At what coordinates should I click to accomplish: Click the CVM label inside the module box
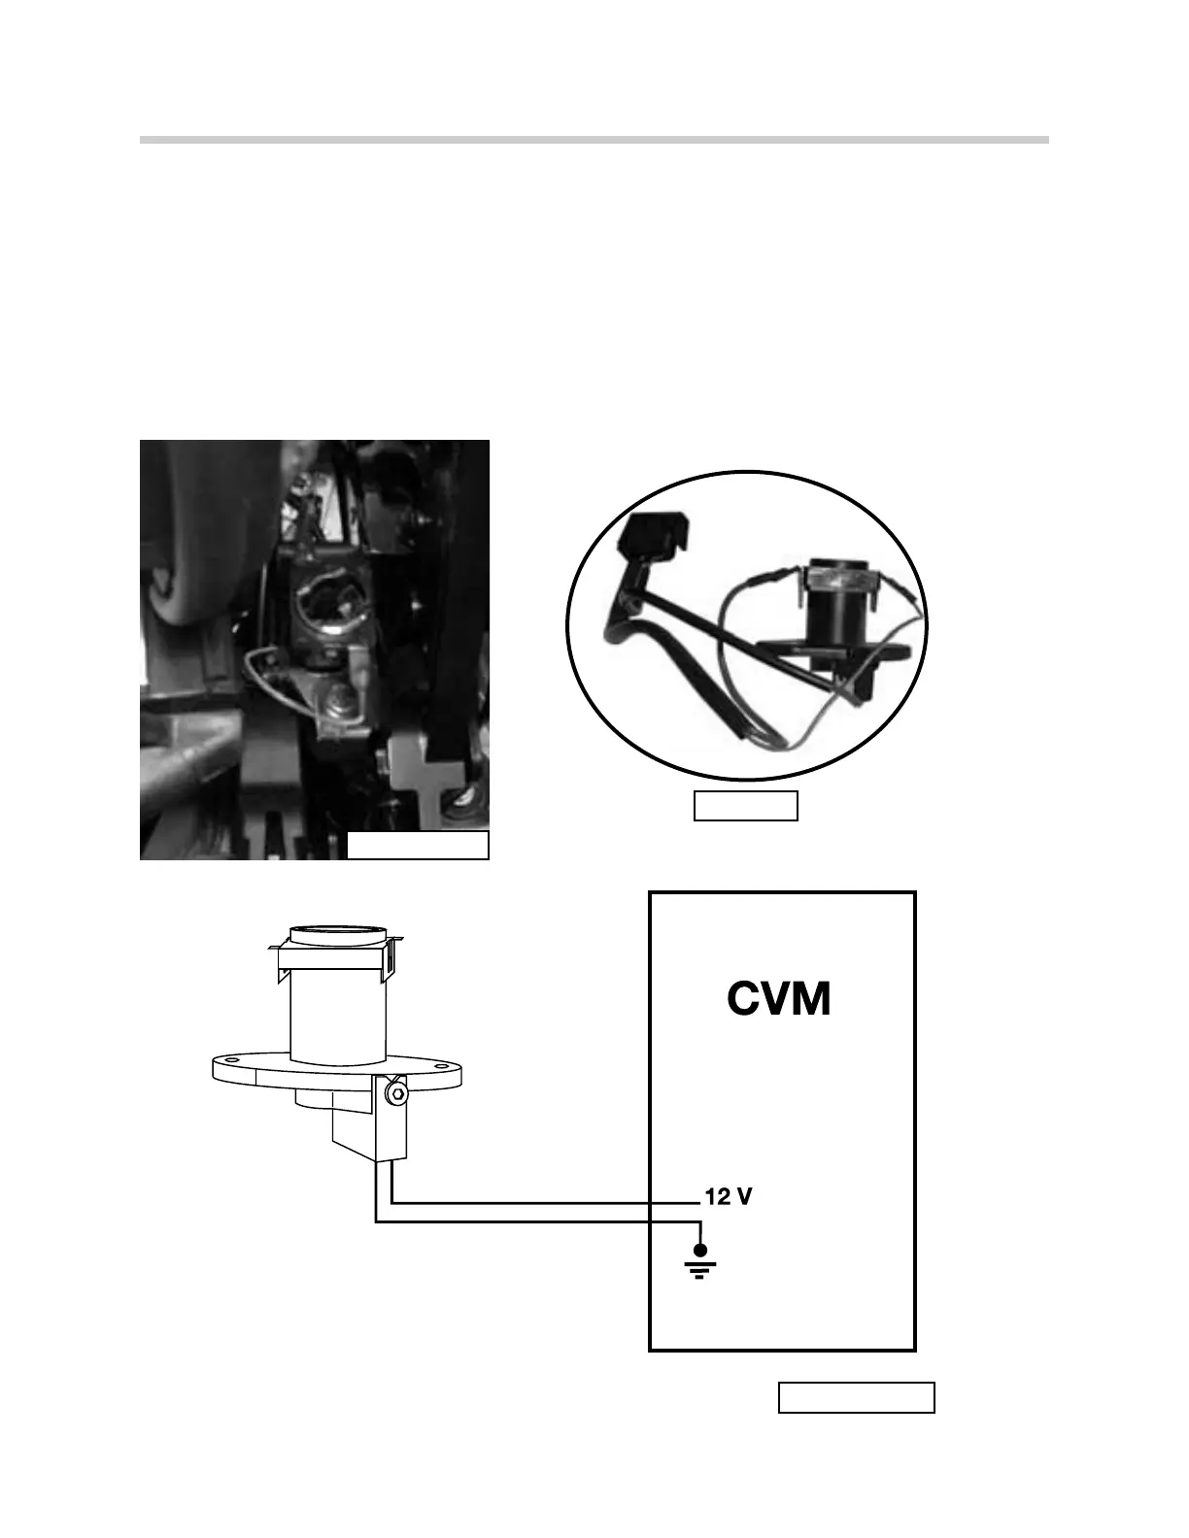click(x=779, y=998)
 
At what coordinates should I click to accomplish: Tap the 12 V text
click(x=728, y=1197)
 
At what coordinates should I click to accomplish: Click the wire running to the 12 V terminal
click(x=544, y=1202)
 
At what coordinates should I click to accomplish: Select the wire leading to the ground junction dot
click(x=534, y=1222)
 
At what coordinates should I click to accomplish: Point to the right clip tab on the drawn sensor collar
click(x=392, y=958)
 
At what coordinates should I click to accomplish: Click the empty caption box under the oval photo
click(x=745, y=806)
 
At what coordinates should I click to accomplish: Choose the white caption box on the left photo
click(x=418, y=846)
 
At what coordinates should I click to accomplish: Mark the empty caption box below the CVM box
click(x=856, y=1397)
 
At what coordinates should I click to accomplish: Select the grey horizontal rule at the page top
click(x=594, y=140)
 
